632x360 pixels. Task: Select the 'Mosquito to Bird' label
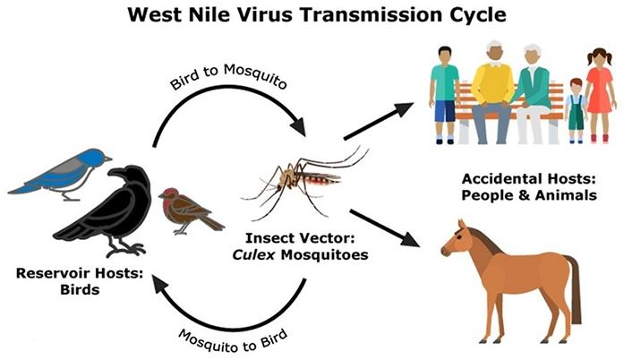[235, 333]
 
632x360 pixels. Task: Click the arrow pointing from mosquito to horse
[385, 229]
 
